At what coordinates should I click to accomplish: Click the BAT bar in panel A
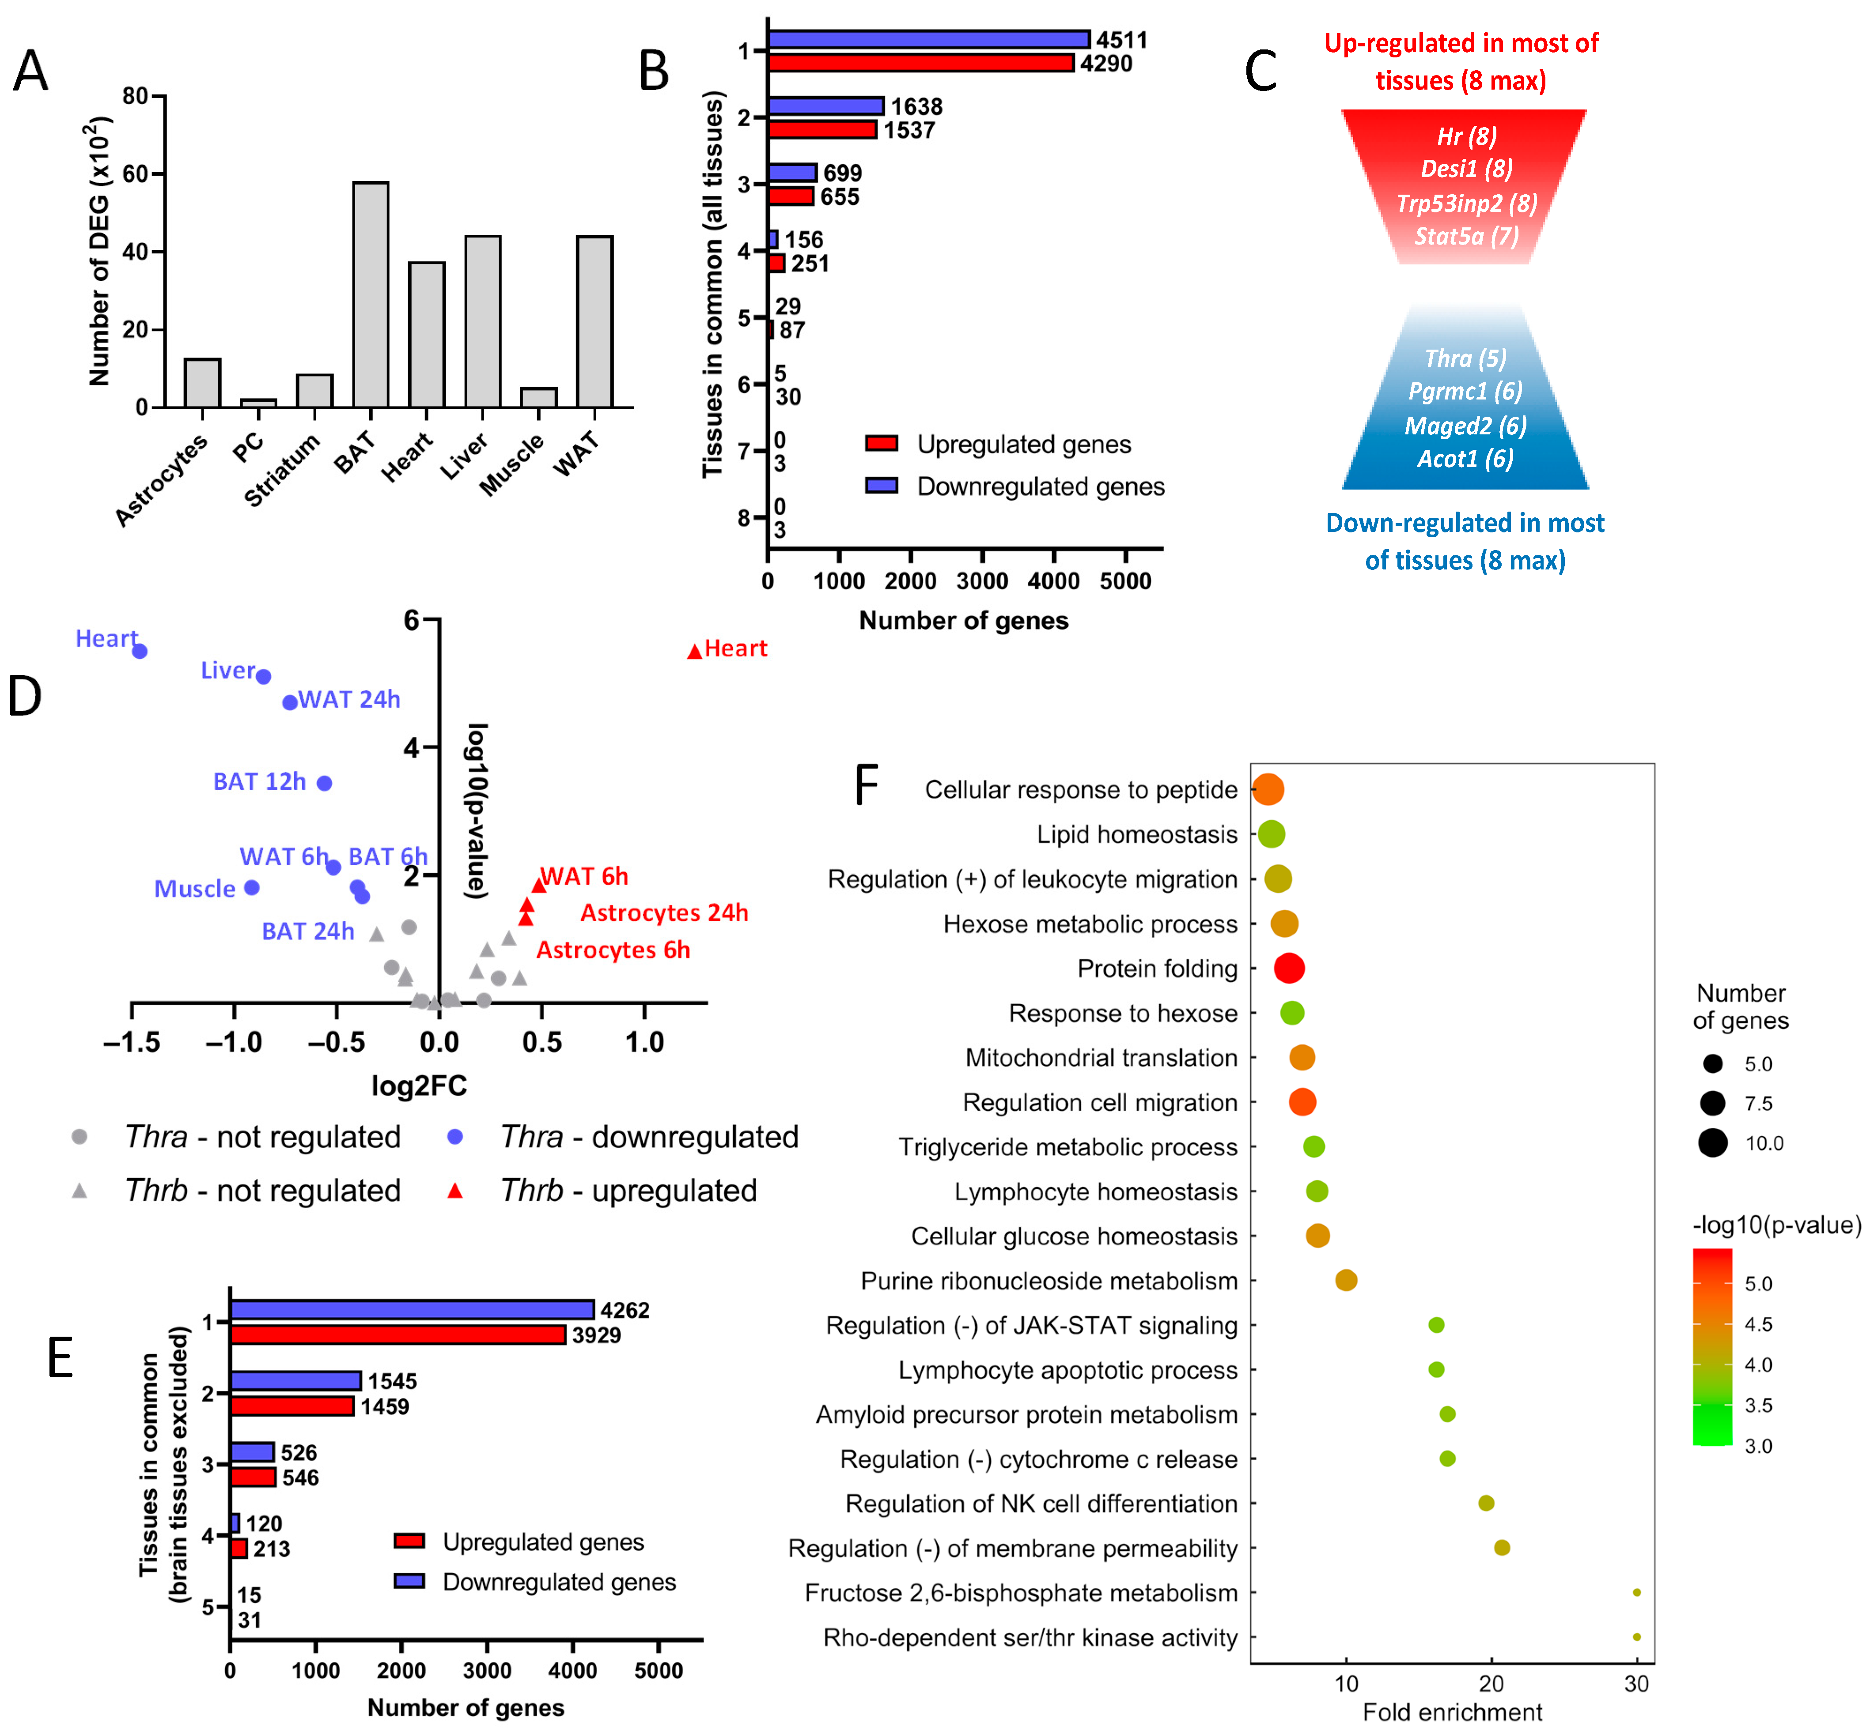(x=371, y=295)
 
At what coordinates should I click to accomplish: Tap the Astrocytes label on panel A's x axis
(x=161, y=480)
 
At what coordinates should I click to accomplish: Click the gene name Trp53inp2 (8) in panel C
(x=1465, y=203)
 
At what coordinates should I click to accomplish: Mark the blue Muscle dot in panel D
(x=251, y=887)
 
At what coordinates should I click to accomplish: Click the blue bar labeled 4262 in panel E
(x=412, y=1309)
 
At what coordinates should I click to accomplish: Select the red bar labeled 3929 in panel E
(x=398, y=1334)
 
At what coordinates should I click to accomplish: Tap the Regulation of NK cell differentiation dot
(x=1485, y=1503)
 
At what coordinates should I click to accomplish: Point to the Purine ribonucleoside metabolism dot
(x=1346, y=1280)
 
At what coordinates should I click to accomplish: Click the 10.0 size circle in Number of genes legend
(x=1713, y=1143)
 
